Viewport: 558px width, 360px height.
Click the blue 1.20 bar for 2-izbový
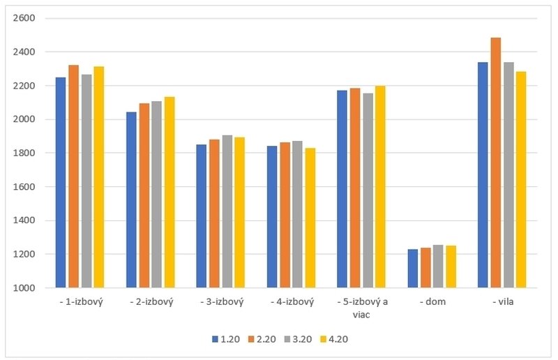[x=132, y=200]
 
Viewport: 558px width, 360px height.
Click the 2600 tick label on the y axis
[x=24, y=18]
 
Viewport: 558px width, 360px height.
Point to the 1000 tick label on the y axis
[x=24, y=287]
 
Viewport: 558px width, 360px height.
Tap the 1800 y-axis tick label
[x=24, y=153]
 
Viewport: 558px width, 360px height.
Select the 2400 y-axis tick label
[x=24, y=52]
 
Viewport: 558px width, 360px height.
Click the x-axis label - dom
[x=432, y=302]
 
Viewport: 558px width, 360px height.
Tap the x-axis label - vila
[x=502, y=302]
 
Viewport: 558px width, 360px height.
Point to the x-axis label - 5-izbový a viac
[x=361, y=308]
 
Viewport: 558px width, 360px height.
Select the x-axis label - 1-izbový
[x=80, y=302]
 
